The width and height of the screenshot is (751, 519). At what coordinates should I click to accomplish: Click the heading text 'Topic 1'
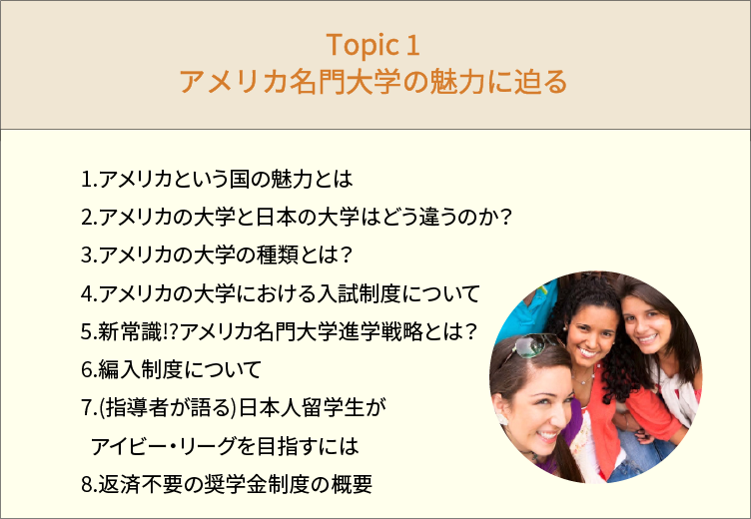click(373, 45)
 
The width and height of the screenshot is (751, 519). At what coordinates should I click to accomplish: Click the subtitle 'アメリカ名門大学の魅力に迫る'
click(374, 81)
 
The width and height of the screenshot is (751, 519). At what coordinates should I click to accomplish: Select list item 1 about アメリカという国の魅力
click(217, 179)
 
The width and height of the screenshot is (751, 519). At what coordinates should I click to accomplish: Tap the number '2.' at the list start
click(89, 218)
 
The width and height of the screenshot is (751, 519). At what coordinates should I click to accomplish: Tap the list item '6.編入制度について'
click(171, 369)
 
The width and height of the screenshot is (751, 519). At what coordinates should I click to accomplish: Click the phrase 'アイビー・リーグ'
click(163, 446)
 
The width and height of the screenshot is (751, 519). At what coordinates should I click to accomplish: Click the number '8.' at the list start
click(89, 485)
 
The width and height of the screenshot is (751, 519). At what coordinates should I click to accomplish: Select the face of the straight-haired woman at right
click(646, 324)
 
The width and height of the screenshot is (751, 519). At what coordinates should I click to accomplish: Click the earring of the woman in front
click(502, 419)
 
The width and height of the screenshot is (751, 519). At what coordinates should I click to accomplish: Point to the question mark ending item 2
click(505, 218)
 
